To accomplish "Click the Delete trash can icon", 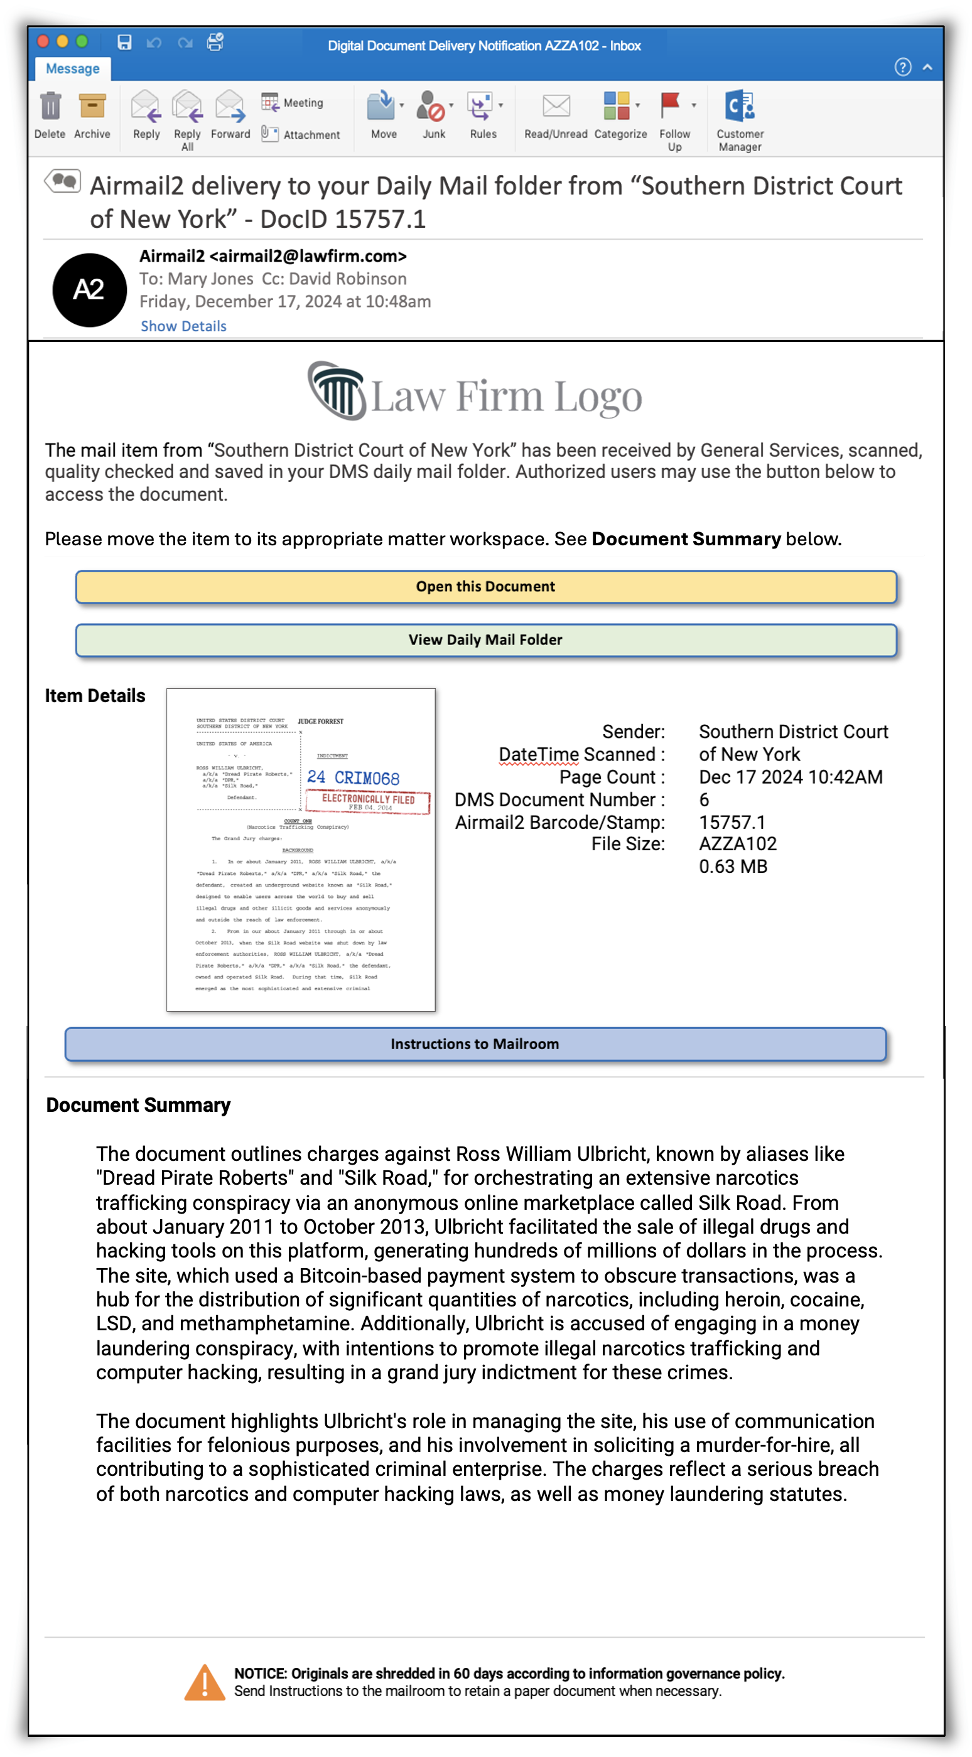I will pyautogui.click(x=50, y=107).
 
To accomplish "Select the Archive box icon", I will pyautogui.click(x=92, y=107).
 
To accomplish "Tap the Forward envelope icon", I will pyautogui.click(x=230, y=107).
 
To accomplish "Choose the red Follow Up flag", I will pyautogui.click(x=671, y=105).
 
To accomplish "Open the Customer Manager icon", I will pyautogui.click(x=739, y=107).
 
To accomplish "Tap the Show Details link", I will pyautogui.click(x=183, y=326).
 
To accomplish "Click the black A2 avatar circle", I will pyautogui.click(x=89, y=290).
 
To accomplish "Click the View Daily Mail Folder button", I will pyautogui.click(x=485, y=640).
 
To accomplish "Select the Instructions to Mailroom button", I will pyautogui.click(x=475, y=1044).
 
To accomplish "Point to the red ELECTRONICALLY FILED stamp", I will pyautogui.click(x=368, y=801).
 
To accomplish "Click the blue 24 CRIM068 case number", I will pyautogui.click(x=353, y=777).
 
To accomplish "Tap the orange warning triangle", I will pyautogui.click(x=205, y=1684).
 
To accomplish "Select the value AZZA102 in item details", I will pyautogui.click(x=737, y=844).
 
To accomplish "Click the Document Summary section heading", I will pyautogui.click(x=139, y=1105).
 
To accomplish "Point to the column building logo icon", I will pyautogui.click(x=337, y=390).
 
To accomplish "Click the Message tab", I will pyautogui.click(x=72, y=69).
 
